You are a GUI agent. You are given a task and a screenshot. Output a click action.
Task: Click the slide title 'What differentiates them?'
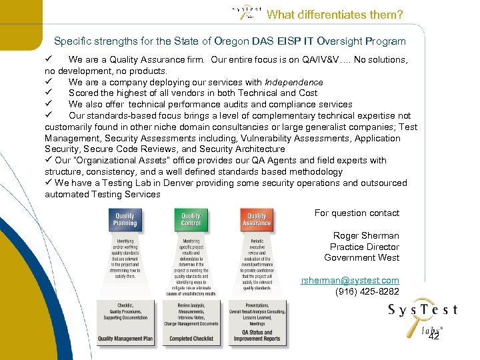334,14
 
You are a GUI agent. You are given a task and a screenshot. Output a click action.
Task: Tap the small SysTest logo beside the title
246,12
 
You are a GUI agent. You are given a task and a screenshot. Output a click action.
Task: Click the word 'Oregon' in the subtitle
217,41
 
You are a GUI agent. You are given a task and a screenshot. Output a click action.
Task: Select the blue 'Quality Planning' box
125,219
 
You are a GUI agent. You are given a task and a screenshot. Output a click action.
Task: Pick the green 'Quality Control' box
191,219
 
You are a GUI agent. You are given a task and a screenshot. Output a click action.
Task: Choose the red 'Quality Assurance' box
257,219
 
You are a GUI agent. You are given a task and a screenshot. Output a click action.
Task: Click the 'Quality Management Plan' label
125,339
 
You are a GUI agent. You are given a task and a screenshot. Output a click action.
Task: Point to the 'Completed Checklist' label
191,339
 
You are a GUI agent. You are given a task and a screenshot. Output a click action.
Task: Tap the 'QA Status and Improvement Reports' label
257,335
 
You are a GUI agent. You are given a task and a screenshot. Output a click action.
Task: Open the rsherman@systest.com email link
350,281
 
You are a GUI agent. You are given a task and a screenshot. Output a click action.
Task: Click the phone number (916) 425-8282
367,291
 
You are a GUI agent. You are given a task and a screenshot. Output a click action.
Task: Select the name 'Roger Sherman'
366,236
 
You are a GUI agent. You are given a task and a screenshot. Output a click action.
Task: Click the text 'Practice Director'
365,247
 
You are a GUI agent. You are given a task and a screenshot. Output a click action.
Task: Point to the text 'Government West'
361,258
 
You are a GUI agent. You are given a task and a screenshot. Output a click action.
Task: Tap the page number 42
433,337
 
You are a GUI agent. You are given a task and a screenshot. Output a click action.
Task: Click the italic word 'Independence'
284,82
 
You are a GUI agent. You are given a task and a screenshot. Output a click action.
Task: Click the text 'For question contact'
357,213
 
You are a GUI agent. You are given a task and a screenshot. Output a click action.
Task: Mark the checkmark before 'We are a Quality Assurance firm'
49,59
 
